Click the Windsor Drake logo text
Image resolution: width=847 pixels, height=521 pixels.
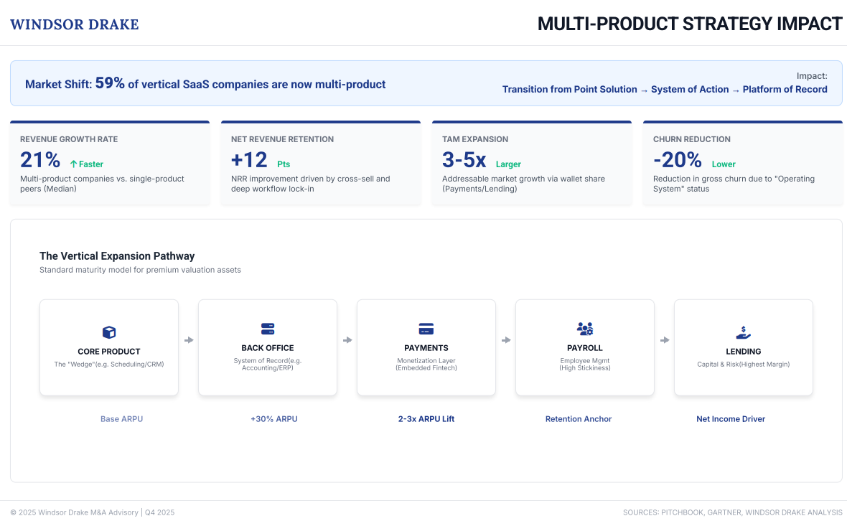pyautogui.click(x=75, y=24)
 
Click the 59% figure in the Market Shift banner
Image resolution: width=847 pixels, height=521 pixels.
pyautogui.click(x=110, y=83)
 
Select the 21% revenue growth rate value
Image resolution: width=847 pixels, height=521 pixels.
pyautogui.click(x=40, y=160)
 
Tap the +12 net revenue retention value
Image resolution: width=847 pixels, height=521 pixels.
pyautogui.click(x=249, y=160)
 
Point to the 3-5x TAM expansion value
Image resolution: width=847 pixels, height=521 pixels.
pyautogui.click(x=464, y=160)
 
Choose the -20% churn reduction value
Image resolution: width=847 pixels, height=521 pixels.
pyautogui.click(x=677, y=160)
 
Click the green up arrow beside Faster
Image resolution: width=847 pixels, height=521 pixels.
pyautogui.click(x=73, y=164)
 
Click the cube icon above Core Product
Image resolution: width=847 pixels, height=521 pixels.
pyautogui.click(x=109, y=332)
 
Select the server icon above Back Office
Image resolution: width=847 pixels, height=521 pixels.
pyautogui.click(x=268, y=329)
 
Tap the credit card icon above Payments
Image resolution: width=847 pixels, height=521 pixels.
pyautogui.click(x=426, y=329)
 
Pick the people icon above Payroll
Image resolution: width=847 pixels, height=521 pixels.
pyautogui.click(x=585, y=329)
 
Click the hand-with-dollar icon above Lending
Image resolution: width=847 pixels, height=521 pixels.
pyautogui.click(x=744, y=332)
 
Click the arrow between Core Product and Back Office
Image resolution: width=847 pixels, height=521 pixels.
pyautogui.click(x=189, y=340)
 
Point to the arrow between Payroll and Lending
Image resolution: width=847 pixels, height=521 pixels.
pyautogui.click(x=665, y=340)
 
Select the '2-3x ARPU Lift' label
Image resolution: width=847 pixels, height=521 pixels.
pyautogui.click(x=426, y=419)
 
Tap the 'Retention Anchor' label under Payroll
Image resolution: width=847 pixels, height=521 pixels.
pyautogui.click(x=579, y=419)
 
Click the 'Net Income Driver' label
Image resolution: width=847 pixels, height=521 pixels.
pyautogui.click(x=731, y=419)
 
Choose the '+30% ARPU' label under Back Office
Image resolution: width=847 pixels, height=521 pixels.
pyautogui.click(x=273, y=419)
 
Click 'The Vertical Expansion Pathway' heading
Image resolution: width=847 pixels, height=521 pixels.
pyautogui.click(x=117, y=256)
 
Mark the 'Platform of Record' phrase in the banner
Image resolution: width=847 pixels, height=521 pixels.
pyautogui.click(x=785, y=90)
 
